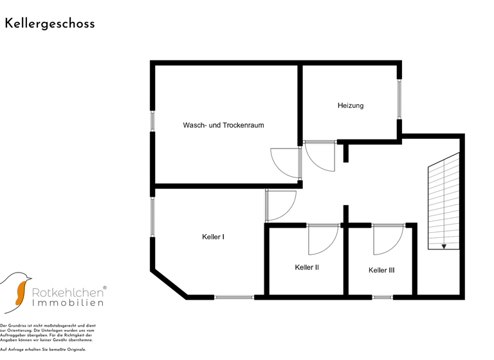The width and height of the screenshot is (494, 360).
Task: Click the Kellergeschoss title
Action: point(50,24)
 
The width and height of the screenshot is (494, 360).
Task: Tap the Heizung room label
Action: point(351,105)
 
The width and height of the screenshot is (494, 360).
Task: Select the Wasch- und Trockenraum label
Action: point(223,125)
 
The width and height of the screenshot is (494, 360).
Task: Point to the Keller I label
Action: point(213,237)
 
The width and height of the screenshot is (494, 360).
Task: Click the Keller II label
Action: point(307,267)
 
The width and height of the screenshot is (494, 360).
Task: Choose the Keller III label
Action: point(381,271)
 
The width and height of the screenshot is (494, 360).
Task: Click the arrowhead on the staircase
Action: point(444,246)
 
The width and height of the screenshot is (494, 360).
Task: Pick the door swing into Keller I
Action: point(280,204)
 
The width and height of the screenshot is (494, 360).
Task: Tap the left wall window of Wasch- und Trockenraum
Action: point(152,121)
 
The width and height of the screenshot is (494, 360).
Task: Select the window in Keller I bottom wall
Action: point(234,297)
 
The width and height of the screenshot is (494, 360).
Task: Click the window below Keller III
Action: point(383,297)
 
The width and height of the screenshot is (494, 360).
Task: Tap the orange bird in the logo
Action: point(21,292)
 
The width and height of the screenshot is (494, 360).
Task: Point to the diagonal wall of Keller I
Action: point(169,284)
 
